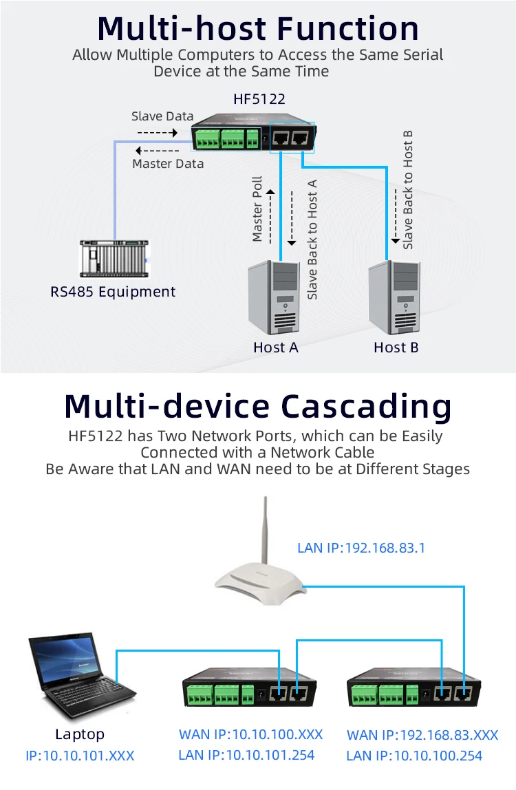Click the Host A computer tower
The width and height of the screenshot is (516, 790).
point(275,297)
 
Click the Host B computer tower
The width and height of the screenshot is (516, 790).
point(394,297)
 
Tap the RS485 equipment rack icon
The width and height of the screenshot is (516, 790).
point(114,259)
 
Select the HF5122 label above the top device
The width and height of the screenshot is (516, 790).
point(259,99)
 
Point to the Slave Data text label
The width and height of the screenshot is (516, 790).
point(162,116)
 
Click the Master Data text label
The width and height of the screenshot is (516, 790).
point(168,164)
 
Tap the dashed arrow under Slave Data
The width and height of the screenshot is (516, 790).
point(158,133)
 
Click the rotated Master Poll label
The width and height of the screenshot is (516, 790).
point(257,209)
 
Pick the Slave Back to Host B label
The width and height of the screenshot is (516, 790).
point(408,190)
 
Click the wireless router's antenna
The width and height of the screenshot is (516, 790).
point(265,531)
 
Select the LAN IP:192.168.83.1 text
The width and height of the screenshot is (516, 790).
point(361,548)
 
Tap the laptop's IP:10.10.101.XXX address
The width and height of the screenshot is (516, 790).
point(80,756)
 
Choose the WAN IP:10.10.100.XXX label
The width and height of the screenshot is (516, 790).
point(251,734)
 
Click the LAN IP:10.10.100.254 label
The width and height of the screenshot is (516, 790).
point(414,756)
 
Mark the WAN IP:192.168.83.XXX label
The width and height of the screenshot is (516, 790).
point(422,735)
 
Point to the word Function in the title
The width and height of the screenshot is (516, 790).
point(348,28)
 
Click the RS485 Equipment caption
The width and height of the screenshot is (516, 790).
point(113,292)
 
